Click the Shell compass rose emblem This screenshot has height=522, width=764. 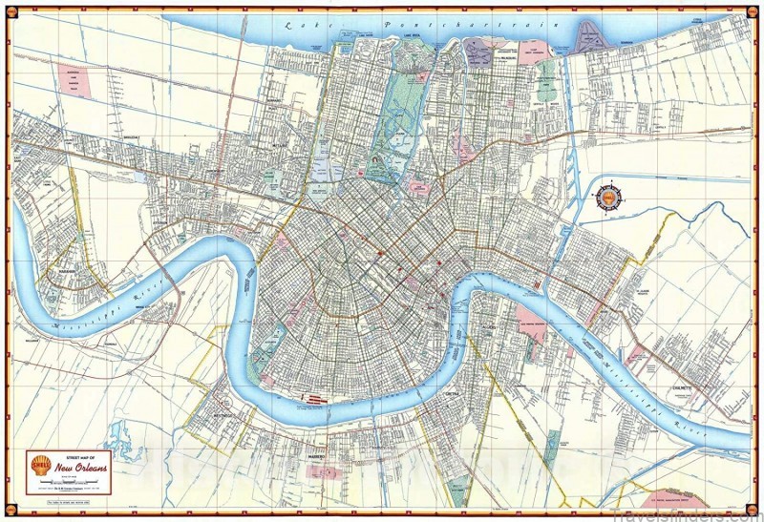click(607, 198)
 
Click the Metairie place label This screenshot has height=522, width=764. click(253, 146)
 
